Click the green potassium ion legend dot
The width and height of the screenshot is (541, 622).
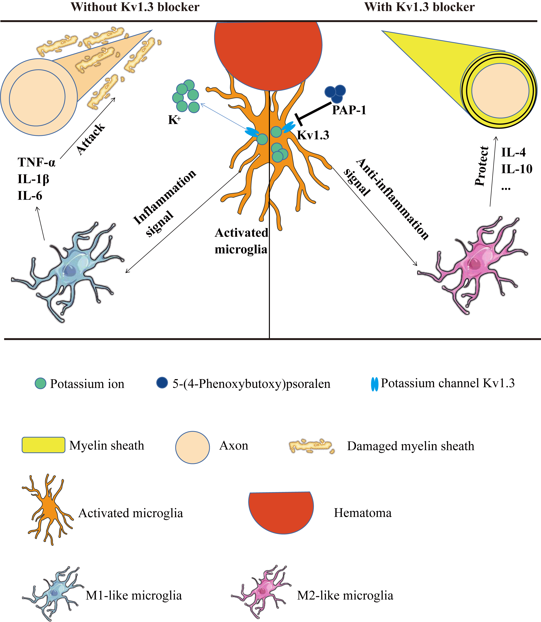[40, 383]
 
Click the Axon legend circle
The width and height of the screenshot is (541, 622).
[193, 447]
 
